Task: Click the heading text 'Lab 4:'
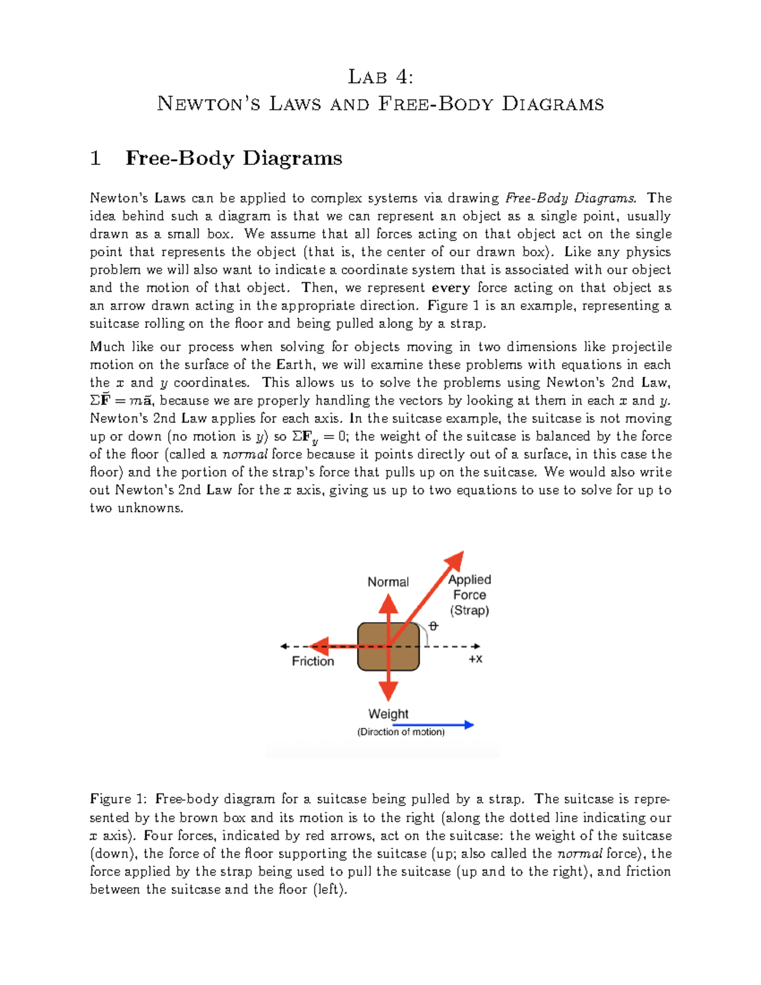(380, 77)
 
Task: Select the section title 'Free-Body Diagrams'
(233, 158)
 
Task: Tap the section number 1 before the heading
(96, 158)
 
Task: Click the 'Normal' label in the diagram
(388, 582)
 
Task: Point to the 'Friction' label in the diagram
(313, 661)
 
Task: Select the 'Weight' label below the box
(388, 714)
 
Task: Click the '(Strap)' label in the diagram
(469, 610)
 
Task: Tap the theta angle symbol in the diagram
(433, 626)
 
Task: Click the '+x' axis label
(475, 659)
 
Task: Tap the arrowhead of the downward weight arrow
(388, 691)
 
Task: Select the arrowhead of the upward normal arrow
(388, 604)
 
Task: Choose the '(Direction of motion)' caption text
(401, 732)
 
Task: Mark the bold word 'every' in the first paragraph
(450, 288)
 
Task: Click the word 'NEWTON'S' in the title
(209, 104)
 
